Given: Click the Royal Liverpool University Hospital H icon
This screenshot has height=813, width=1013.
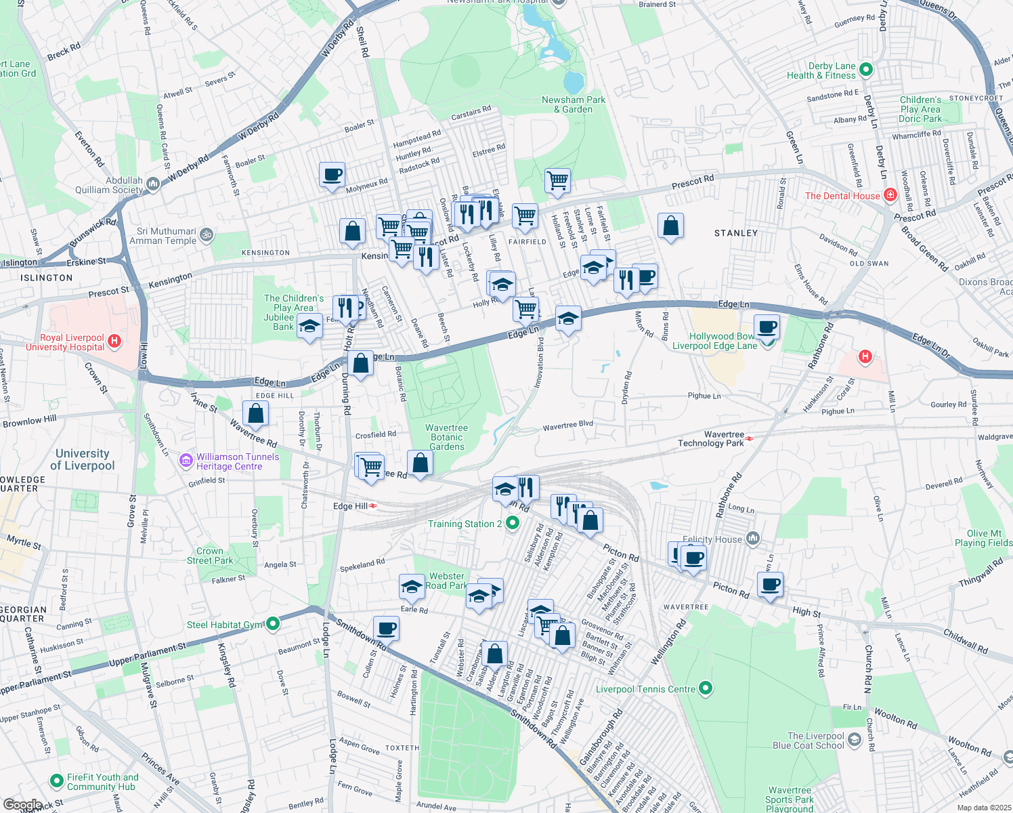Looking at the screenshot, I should point(114,341).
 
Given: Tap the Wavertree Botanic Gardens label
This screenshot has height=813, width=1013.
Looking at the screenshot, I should point(446,438).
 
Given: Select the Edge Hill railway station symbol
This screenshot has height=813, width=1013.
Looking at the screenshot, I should point(372,506).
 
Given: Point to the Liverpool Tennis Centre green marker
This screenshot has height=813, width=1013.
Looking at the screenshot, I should point(705,689).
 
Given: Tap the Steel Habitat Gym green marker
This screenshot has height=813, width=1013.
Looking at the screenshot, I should point(272,624).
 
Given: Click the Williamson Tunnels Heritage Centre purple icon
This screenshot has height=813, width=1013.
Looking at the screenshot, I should point(186,461).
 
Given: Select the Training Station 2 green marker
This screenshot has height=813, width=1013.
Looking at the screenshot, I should point(513,523).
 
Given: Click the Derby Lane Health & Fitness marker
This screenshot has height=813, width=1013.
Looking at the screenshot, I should point(866,70).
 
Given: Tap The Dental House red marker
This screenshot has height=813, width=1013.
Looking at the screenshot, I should point(890,196).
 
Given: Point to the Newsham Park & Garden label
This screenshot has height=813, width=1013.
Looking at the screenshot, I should point(574,104).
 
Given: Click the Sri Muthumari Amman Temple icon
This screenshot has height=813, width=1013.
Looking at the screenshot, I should point(207,235).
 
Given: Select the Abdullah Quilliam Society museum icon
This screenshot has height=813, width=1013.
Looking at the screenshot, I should point(153,184).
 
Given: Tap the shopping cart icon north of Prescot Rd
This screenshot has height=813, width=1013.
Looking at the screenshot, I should point(557,181).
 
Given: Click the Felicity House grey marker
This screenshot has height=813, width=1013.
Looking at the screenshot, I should point(752,539).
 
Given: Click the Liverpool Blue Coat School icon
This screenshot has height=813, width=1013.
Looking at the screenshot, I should point(855,740).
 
